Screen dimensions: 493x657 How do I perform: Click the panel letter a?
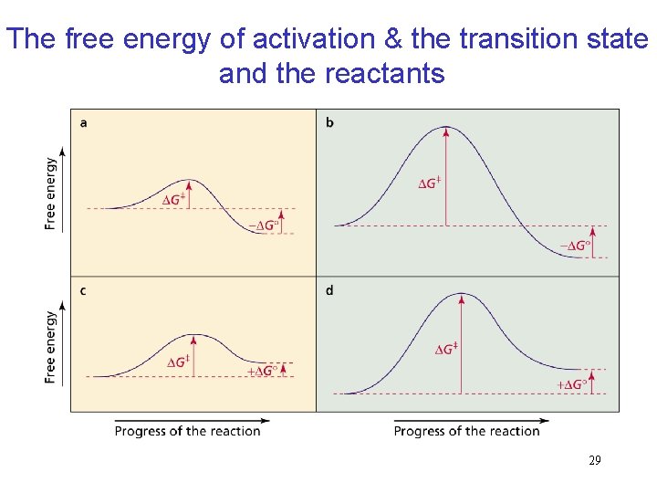pos(84,122)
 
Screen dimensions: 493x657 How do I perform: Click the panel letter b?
pos(329,122)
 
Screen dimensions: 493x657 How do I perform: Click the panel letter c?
pos(84,290)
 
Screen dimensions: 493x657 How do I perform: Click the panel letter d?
pos(329,290)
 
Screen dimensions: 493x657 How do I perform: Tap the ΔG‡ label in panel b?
pos(429,184)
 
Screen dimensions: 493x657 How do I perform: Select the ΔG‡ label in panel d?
pos(445,349)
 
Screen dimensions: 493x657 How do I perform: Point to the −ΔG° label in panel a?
pos(266,225)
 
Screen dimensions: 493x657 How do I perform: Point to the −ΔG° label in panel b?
pos(574,246)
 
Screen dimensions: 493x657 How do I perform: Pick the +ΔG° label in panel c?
pos(262,371)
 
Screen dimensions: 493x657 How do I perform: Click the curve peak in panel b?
pos(446,126)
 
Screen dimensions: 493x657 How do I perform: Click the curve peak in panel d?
pos(462,294)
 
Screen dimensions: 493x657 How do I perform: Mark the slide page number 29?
pos(594,461)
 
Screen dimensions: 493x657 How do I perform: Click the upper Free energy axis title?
pos(50,193)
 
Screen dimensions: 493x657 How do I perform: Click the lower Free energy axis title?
pos(50,347)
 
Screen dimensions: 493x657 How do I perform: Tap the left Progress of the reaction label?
pos(187,431)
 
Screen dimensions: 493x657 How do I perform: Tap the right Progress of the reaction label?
pos(466,431)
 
